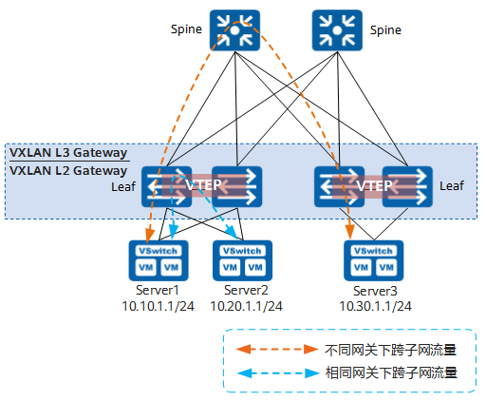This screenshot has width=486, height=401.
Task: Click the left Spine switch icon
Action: pyautogui.click(x=234, y=30)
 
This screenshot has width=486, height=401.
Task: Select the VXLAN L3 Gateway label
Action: pyautogui.click(x=67, y=152)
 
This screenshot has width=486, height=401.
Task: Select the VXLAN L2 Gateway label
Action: pyautogui.click(x=67, y=170)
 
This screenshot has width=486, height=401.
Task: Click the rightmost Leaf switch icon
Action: pyautogui.click(x=414, y=186)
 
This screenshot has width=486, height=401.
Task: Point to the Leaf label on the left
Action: pyautogui.click(x=124, y=187)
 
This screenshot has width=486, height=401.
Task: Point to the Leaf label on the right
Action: pyautogui.click(x=453, y=187)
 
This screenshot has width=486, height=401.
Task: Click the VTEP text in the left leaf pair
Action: pyautogui.click(x=203, y=186)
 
